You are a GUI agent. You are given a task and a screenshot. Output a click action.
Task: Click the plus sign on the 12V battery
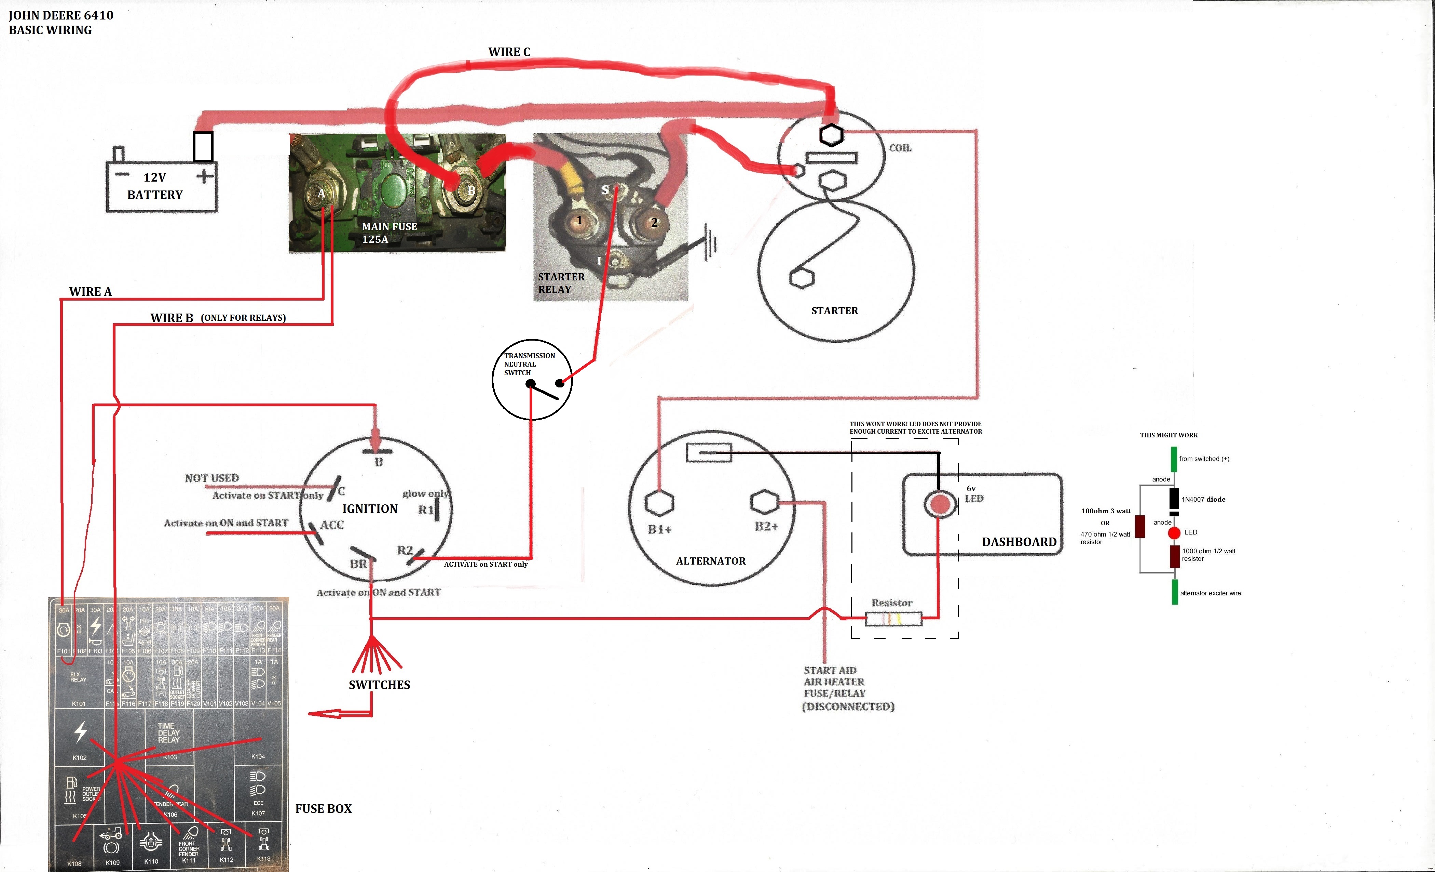tap(204, 175)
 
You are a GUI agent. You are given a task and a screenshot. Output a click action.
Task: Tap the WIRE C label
tap(509, 52)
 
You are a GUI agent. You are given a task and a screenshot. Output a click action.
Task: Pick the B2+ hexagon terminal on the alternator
tap(765, 501)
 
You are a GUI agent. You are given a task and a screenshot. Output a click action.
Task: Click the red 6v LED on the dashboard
tap(939, 504)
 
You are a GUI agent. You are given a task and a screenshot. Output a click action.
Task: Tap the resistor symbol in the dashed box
tap(893, 619)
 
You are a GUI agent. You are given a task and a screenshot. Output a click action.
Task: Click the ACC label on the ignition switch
tap(332, 525)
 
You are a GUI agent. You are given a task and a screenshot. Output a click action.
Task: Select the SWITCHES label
tap(379, 685)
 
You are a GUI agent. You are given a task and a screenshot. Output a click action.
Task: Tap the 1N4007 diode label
tap(1203, 499)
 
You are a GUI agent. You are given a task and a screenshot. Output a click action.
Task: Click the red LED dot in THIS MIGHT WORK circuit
tap(1174, 532)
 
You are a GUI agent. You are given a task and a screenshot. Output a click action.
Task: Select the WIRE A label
tap(90, 291)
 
